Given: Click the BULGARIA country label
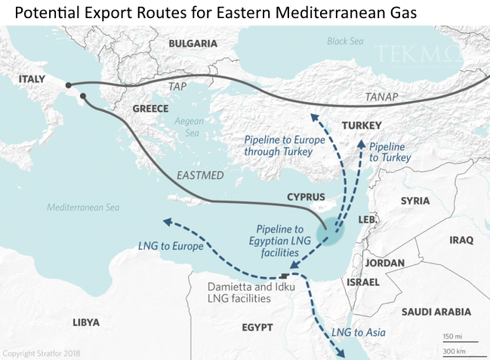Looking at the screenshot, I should click(193, 44).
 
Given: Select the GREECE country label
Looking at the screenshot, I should click(150, 109).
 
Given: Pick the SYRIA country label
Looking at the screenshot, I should click(415, 201).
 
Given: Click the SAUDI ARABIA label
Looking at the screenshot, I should click(436, 312).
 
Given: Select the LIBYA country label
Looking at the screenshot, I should click(85, 322).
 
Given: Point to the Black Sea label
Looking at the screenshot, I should click(346, 42).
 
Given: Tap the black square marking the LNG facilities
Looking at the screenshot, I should click(283, 275).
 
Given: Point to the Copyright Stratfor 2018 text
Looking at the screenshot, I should click(42, 352).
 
